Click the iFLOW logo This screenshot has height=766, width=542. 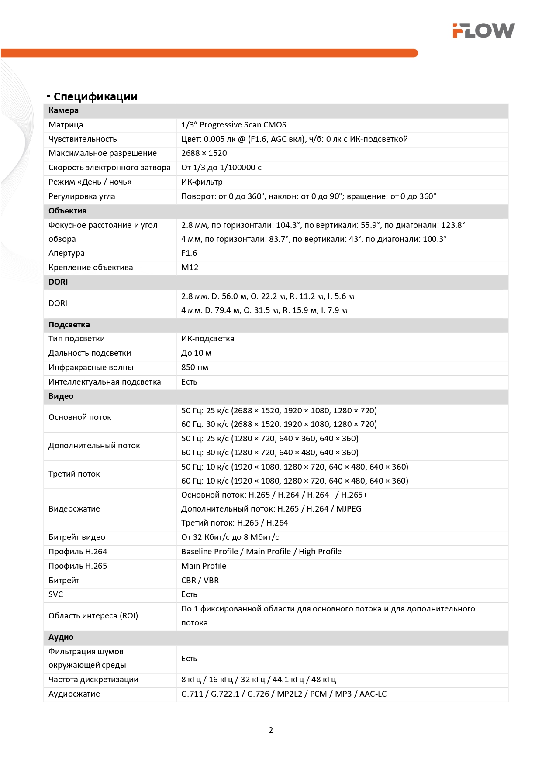click(483, 31)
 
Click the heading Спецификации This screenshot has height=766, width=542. click(95, 96)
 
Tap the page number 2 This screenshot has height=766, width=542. click(271, 730)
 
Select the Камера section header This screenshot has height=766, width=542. click(64, 110)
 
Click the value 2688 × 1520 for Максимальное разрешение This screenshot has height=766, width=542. click(204, 153)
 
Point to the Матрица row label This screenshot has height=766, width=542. click(66, 125)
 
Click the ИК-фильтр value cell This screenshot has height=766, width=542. click(202, 182)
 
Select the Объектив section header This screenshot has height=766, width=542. click(68, 211)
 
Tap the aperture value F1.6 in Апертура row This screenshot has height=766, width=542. click(189, 253)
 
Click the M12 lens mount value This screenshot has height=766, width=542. click(190, 268)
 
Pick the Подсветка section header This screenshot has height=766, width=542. click(69, 325)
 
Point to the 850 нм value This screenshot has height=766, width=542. click(195, 368)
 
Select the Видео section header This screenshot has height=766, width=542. click(61, 396)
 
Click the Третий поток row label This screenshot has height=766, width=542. click(74, 474)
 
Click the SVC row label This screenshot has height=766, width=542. click(56, 594)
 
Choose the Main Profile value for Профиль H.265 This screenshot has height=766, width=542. click(204, 566)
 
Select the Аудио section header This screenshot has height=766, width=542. click(61, 637)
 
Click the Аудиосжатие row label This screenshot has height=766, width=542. click(74, 694)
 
